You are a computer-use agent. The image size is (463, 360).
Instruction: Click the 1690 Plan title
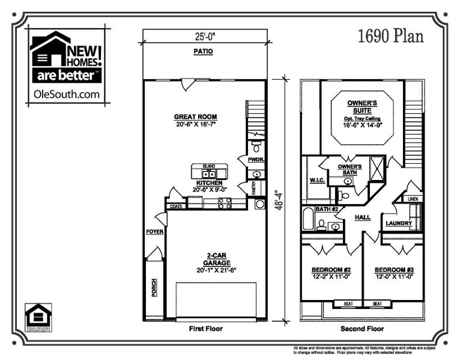390,36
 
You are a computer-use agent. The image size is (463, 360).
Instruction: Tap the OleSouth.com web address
67,94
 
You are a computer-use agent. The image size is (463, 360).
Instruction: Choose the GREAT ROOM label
195,116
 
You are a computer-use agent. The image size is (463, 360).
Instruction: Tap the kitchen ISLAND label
208,166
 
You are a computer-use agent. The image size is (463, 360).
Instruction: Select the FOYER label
154,232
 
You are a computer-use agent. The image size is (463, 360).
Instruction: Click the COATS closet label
176,206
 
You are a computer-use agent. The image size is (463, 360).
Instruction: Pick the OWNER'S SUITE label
362,107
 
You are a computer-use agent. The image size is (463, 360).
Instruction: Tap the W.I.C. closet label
316,180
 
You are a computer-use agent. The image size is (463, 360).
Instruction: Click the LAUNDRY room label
399,223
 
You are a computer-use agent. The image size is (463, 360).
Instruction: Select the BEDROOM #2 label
331,271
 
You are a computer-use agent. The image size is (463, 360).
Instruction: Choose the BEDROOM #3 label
394,271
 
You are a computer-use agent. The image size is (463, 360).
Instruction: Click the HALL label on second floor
363,217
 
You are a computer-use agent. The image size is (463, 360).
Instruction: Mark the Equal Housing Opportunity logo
38,316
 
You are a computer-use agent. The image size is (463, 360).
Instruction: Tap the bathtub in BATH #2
308,219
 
